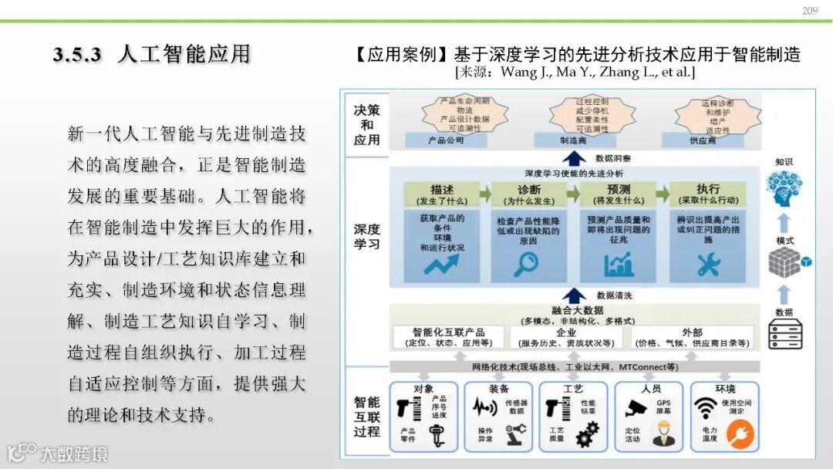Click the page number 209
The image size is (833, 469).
pyautogui.click(x=809, y=10)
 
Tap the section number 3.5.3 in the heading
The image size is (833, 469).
pyautogui.click(x=78, y=55)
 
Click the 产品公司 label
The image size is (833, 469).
pyautogui.click(x=445, y=141)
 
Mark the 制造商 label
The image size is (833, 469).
pyautogui.click(x=573, y=141)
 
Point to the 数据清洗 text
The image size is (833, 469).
pyautogui.click(x=615, y=295)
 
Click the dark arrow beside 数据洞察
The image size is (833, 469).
pyautogui.click(x=573, y=159)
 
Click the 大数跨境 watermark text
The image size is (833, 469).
pyautogui.click(x=74, y=453)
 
